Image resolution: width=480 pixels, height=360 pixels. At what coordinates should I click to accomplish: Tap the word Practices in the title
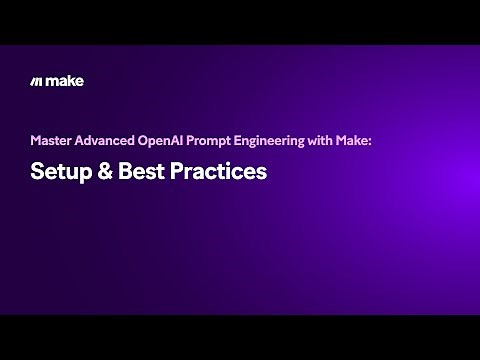coord(218,171)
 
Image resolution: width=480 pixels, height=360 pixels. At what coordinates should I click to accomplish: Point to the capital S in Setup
coord(37,171)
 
